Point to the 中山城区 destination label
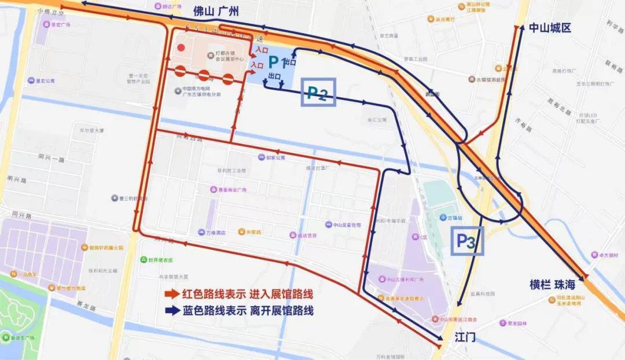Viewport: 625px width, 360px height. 550,28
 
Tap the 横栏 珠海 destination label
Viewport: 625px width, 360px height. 555,285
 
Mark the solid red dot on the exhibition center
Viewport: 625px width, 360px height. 182,48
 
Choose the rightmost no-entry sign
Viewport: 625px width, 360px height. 228,78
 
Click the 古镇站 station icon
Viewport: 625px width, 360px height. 443,218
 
